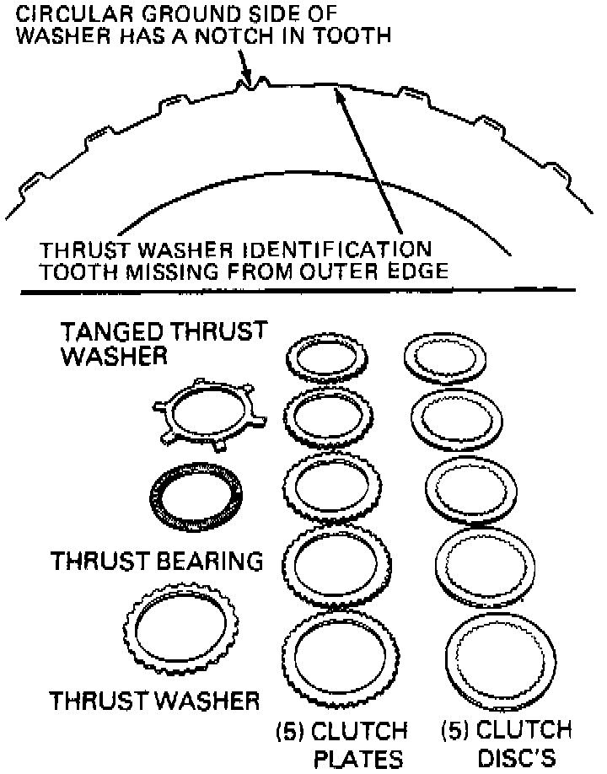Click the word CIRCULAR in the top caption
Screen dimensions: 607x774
coord(72,14)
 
